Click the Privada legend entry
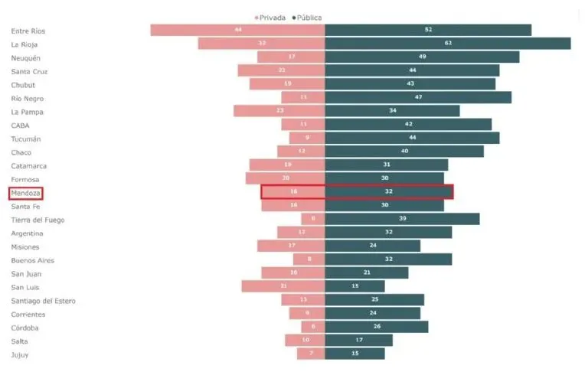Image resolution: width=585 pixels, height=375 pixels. (x=272, y=18)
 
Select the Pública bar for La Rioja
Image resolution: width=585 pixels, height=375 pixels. (x=447, y=44)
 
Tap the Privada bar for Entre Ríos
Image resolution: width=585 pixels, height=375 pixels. (x=237, y=30)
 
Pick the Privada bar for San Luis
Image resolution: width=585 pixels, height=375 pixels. (x=283, y=286)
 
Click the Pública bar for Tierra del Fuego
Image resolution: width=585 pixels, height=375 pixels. (x=402, y=219)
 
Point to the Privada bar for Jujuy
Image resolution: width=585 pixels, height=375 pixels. (x=311, y=354)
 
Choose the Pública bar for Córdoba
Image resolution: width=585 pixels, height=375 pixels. (x=376, y=327)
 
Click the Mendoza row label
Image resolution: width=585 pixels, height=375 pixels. (x=25, y=193)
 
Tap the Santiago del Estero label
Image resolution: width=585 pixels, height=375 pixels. (x=43, y=301)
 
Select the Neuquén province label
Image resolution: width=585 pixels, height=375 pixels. (x=26, y=58)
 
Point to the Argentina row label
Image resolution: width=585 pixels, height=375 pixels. (x=27, y=233)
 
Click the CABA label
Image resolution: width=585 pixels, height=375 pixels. (x=21, y=126)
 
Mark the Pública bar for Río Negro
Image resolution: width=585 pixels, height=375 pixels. (x=417, y=98)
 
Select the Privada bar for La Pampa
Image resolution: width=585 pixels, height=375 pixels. (x=279, y=111)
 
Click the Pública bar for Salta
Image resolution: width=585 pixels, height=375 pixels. (x=358, y=340)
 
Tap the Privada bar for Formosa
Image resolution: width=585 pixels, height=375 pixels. (x=285, y=178)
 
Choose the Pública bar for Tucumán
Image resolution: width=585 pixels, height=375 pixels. (x=412, y=138)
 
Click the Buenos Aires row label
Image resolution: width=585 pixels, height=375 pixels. (x=32, y=260)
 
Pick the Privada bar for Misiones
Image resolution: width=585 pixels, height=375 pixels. (x=291, y=246)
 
